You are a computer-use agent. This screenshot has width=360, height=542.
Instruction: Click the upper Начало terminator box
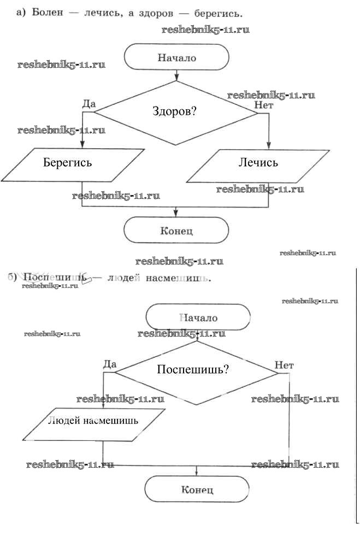pyautogui.click(x=176, y=57)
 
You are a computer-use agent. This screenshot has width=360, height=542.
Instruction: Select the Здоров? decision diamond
pyautogui.click(x=175, y=112)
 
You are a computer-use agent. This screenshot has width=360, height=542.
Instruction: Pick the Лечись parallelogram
pyautogui.click(x=258, y=163)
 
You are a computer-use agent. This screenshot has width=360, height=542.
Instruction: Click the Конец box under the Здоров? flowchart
pyautogui.click(x=176, y=231)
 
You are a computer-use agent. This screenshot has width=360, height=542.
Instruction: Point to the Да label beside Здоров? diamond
pyautogui.click(x=90, y=103)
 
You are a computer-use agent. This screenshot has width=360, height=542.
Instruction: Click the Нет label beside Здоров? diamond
pyautogui.click(x=264, y=105)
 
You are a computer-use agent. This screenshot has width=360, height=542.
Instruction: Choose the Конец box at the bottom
pyautogui.click(x=197, y=490)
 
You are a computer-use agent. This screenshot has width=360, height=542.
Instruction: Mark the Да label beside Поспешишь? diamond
pyautogui.click(x=110, y=364)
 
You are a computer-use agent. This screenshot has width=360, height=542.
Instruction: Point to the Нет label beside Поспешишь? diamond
pyautogui.click(x=285, y=364)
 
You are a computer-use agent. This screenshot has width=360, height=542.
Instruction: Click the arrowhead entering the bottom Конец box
pyautogui.click(x=197, y=473)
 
